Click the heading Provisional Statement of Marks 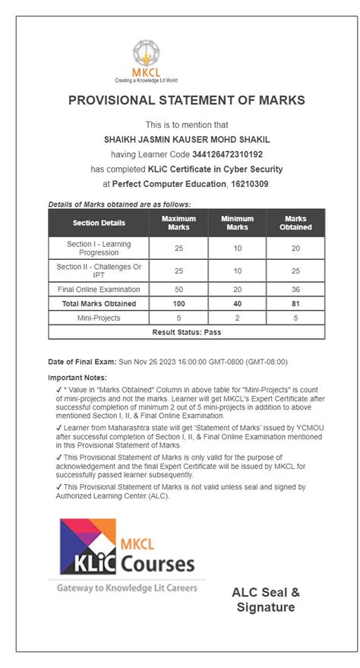point(187,100)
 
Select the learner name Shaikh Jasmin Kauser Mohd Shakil point(187,139)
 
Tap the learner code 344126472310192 point(228,154)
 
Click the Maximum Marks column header point(178,223)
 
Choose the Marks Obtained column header point(295,223)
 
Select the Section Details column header point(99,223)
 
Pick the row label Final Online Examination point(99,290)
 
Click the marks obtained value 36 point(295,290)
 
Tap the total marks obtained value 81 point(295,304)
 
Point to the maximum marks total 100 point(178,304)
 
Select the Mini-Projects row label point(99,318)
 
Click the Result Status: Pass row point(187,332)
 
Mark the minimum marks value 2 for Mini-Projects point(237,318)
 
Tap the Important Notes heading point(77,378)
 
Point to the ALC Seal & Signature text point(265,599)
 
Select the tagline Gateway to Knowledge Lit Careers point(127,587)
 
